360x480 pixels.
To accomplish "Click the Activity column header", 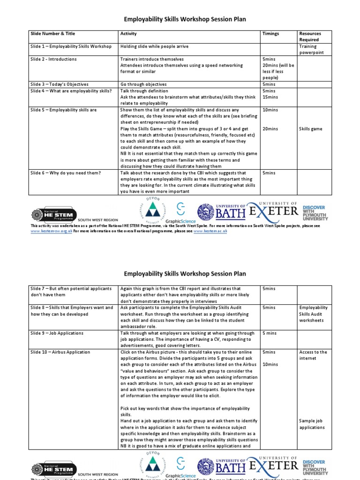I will tap(128, 34).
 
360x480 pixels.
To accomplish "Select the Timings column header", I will tap(270, 34).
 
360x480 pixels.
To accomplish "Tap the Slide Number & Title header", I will tap(52, 34).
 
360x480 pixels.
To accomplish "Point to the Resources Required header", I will tap(310, 37).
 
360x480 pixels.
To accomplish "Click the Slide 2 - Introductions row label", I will tap(53, 60).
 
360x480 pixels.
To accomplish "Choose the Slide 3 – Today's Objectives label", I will tap(59, 84).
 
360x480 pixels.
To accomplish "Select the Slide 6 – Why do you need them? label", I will tap(66, 173).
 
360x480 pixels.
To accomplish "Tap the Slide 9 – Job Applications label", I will tap(57, 333).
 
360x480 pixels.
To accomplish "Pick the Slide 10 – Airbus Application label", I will tap(60, 352).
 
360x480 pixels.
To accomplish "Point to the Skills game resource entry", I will tap(310, 129).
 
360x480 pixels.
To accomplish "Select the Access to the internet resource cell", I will tap(313, 355).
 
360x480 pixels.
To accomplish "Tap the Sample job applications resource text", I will tap(312, 424).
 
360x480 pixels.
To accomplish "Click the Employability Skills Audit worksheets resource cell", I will tap(313, 314).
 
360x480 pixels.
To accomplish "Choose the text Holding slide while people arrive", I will tap(159, 46).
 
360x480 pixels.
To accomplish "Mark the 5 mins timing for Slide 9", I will tap(270, 333).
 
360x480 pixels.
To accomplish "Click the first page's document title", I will tap(185, 19).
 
